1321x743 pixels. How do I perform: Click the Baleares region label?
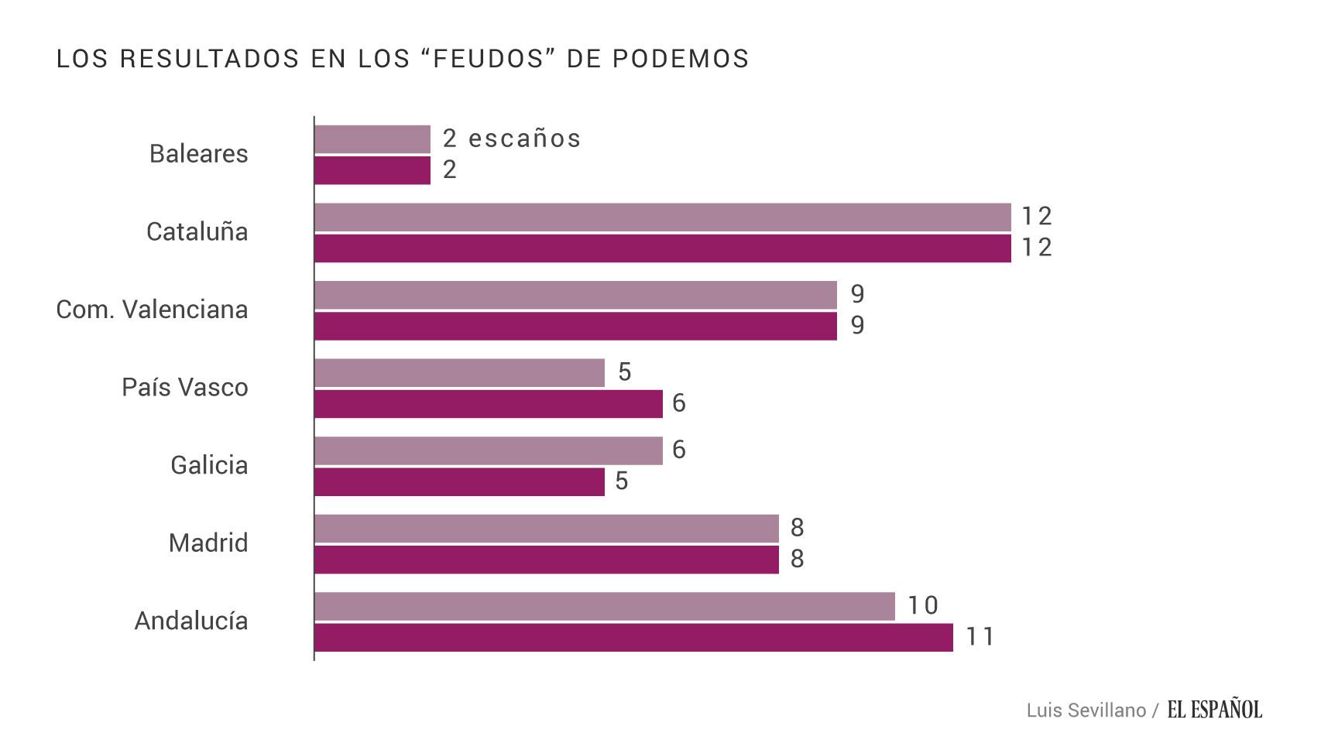198,153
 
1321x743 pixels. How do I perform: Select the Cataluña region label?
197,231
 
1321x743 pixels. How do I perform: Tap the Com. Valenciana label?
152,310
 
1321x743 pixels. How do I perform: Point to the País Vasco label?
184,387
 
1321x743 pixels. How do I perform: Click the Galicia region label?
209,465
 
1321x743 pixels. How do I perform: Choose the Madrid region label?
208,543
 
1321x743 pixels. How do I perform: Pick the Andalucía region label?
191,621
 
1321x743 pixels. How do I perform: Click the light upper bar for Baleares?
372,139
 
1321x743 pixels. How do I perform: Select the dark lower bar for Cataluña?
662,248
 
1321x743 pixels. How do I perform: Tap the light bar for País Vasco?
459,373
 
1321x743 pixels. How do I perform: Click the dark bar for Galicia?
459,481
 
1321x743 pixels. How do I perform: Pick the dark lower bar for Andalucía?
633,638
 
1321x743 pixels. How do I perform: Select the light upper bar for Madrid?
546,529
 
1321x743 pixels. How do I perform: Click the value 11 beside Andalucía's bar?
980,637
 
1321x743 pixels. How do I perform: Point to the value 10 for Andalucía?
922,605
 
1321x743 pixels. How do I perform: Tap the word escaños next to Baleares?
525,139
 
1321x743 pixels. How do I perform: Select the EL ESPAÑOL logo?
1214,709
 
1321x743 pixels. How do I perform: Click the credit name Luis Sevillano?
1086,710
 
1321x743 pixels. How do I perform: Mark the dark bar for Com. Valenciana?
575,326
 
